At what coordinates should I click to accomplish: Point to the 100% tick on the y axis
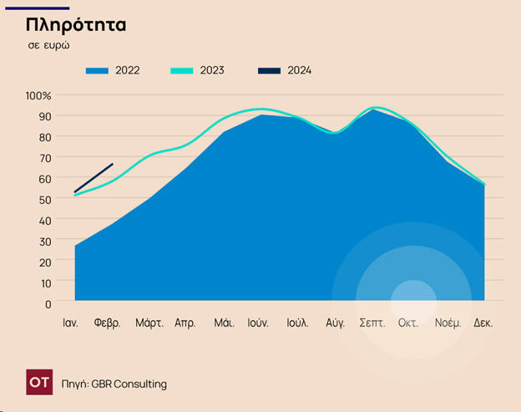pos(38,95)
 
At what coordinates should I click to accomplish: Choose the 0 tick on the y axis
pos(48,303)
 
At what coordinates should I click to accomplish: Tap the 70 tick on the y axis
pos(45,157)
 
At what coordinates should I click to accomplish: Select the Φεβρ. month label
pos(108,323)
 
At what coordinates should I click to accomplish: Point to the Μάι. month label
pos(224,323)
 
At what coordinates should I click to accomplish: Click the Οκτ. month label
pos(407,323)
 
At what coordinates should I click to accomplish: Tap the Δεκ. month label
pos(483,323)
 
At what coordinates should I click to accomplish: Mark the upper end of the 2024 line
pos(113,164)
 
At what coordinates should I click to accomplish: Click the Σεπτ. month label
pos(372,323)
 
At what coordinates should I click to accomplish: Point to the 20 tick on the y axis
pos(45,261)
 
